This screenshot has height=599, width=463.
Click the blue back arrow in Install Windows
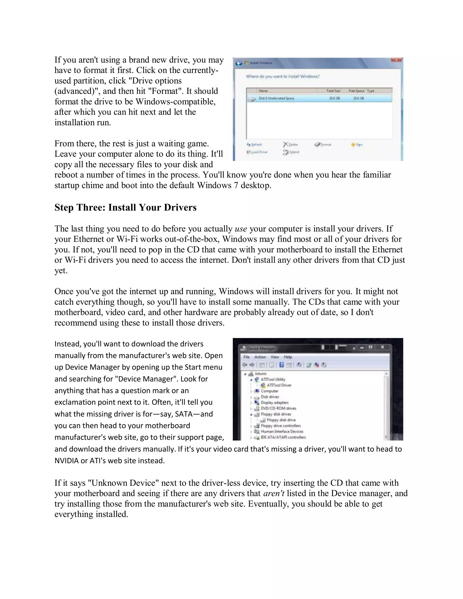[239, 63]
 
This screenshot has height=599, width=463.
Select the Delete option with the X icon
[291, 144]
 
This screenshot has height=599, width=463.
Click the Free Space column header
[356, 91]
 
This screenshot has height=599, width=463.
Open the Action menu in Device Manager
[260, 357]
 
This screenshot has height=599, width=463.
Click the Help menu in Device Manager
[288, 357]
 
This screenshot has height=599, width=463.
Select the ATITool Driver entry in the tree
[279, 385]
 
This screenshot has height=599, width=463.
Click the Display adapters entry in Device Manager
[274, 402]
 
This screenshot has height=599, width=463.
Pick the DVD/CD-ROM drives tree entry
[278, 408]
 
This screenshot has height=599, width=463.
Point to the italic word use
[241, 229]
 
